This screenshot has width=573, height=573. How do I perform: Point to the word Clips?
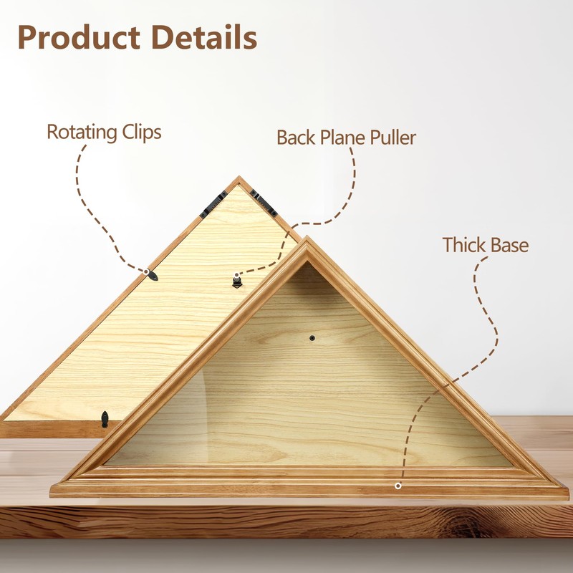coord(143,133)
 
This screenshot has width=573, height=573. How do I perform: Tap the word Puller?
coord(392,138)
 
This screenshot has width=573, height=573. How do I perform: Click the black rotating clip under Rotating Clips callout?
coord(150,275)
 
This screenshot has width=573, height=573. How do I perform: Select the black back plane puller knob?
coord(237,281)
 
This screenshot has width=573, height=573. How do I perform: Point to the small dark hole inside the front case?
coord(312,337)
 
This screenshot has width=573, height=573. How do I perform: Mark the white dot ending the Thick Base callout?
coord(398,486)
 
